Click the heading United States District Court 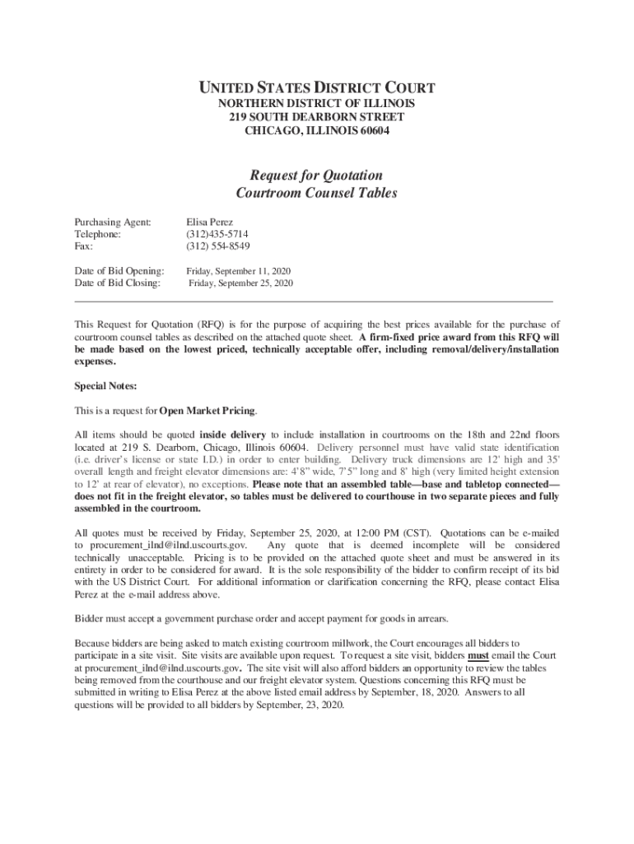click(316, 87)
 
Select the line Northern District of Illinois click(316, 103)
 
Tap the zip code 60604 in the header click(373, 131)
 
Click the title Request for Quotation click(316, 175)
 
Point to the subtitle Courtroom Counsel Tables click(316, 193)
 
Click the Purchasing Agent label click(113, 223)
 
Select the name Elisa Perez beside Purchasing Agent click(210, 223)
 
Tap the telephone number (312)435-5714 click(218, 234)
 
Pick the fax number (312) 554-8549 click(218, 246)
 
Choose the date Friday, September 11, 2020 click(238, 270)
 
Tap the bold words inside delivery click(233, 434)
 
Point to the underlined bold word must click(478, 656)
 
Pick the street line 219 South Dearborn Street click(316, 117)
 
